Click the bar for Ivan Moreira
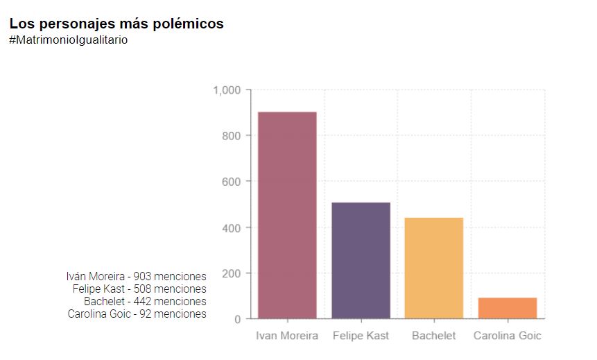pyautogui.click(x=287, y=215)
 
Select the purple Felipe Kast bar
pyautogui.click(x=361, y=260)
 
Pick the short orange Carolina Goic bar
pyautogui.click(x=508, y=308)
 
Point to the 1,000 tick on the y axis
pyautogui.click(x=227, y=90)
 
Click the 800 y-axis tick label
pyautogui.click(x=231, y=136)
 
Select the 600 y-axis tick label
pyautogui.click(x=231, y=182)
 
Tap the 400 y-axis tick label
pyautogui.click(x=231, y=228)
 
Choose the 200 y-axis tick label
pyautogui.click(x=231, y=273)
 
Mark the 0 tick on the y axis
pyautogui.click(x=237, y=319)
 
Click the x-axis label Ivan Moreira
pyautogui.click(x=287, y=336)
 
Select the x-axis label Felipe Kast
pyautogui.click(x=361, y=336)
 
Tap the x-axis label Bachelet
pyautogui.click(x=434, y=336)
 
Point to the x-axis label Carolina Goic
pyautogui.click(x=508, y=336)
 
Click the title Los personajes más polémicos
pyautogui.click(x=116, y=24)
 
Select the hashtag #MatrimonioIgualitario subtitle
pyautogui.click(x=69, y=40)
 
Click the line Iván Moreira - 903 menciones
pyautogui.click(x=137, y=277)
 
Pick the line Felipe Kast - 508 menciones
pyautogui.click(x=139, y=289)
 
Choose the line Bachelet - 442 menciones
pyautogui.click(x=145, y=302)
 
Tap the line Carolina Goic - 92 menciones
pyautogui.click(x=137, y=314)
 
